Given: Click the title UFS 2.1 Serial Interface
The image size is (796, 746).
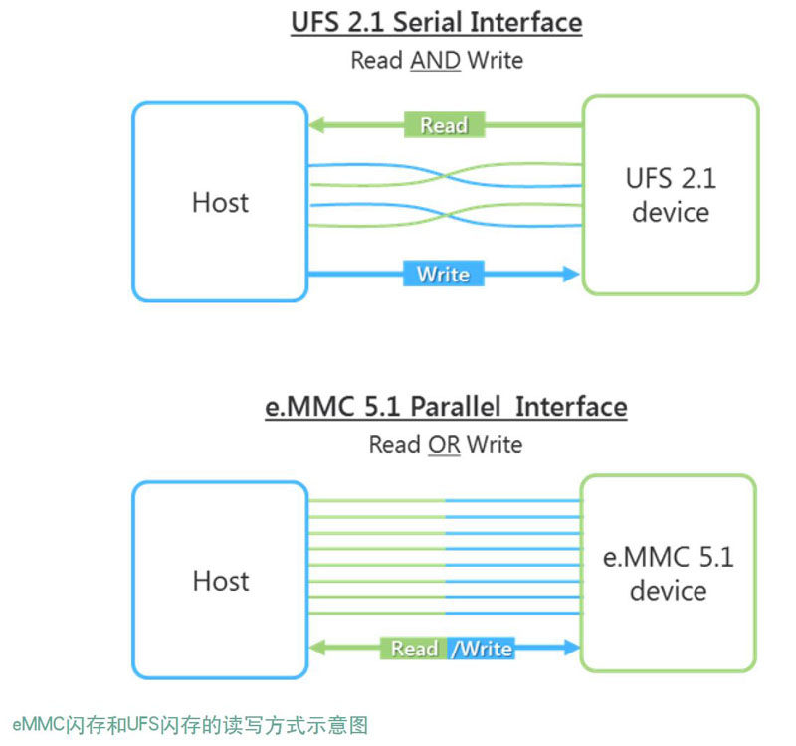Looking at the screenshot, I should click(x=436, y=22).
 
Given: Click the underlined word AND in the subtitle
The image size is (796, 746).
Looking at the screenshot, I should click(x=435, y=60).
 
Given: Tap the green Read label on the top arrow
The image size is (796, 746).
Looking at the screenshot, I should click(x=444, y=125).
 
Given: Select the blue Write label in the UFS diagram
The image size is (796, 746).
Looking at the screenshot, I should click(x=443, y=274).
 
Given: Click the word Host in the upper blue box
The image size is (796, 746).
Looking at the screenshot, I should click(x=220, y=202).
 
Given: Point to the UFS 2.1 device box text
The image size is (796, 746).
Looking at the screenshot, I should click(x=670, y=195).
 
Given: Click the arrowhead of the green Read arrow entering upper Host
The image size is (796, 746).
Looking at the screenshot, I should click(x=316, y=125).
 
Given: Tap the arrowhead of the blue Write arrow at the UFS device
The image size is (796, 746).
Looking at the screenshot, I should click(x=570, y=274).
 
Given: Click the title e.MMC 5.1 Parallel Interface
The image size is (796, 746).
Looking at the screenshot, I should click(x=446, y=407).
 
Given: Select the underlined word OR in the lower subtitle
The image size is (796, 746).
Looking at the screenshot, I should click(x=444, y=445).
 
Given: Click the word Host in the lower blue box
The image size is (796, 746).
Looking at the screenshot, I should click(x=220, y=580).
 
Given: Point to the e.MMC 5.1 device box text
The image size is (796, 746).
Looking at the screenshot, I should click(x=668, y=573).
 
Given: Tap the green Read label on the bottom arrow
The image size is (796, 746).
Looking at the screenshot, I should click(x=414, y=649).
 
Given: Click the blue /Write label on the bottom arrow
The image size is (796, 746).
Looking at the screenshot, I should click(x=482, y=649).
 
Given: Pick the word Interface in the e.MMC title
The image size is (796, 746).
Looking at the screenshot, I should click(x=571, y=407).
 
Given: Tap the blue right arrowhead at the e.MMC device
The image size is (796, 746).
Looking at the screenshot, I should click(x=571, y=649).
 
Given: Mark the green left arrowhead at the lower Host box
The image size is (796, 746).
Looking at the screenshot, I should click(x=316, y=649).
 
